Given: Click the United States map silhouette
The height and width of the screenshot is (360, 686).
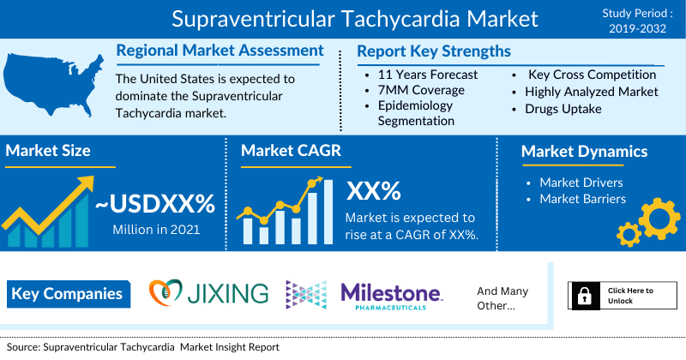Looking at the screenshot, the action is click(52, 83).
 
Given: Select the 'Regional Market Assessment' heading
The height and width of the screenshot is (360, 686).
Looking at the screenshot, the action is click(220, 51).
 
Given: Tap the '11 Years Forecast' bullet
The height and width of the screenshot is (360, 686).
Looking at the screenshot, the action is click(427, 75).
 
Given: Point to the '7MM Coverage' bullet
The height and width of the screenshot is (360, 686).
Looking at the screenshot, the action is click(421, 90).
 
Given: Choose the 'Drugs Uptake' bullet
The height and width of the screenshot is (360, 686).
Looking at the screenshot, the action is click(563, 109).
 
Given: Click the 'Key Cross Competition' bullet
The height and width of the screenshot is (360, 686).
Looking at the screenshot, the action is click(592, 75).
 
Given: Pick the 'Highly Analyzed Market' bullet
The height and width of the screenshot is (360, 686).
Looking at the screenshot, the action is click(592, 92).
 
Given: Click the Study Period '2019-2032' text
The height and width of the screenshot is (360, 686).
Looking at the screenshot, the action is click(637, 29).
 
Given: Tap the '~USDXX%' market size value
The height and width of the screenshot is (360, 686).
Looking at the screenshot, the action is click(155, 204).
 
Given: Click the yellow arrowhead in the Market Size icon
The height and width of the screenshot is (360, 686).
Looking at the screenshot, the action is click(85, 183).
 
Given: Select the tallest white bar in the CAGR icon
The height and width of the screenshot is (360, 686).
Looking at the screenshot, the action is click(328, 212).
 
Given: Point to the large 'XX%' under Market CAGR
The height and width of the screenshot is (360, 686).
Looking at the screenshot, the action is click(373, 191).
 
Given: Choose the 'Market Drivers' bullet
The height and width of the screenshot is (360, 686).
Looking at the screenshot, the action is click(581, 183).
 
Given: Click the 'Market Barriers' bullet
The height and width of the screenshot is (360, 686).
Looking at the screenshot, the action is click(582, 199).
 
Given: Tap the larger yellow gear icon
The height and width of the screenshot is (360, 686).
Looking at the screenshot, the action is click(659, 219).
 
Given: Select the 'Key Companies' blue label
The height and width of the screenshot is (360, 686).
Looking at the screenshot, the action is click(69, 294).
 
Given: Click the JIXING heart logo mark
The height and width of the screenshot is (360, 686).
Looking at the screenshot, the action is click(165, 292).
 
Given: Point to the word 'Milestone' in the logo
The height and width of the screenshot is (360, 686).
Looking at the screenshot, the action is click(391, 292).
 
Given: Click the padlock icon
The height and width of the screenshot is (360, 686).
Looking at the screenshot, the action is click(585, 296).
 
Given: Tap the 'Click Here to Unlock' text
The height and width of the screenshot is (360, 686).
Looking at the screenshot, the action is click(630, 296).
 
